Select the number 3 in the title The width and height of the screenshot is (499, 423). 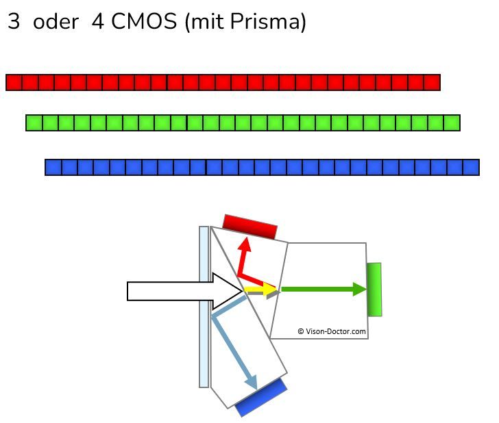click(14, 22)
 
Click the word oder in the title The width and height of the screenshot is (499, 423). click(56, 22)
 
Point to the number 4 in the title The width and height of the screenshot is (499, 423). click(98, 22)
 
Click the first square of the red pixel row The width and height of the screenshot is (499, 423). click(14, 83)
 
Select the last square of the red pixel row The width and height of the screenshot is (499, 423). click(432, 83)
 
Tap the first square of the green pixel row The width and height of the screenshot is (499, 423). click(34, 123)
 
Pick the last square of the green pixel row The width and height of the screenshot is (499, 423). click(452, 123)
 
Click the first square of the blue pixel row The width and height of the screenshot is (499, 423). click(53, 167)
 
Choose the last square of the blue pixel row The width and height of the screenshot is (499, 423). click(471, 167)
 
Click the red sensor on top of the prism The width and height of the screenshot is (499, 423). click(250, 226)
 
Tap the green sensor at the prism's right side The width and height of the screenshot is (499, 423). click(374, 290)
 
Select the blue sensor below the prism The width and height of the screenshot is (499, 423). click(261, 398)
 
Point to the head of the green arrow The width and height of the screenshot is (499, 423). click(361, 290)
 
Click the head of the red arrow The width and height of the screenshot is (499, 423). click(243, 246)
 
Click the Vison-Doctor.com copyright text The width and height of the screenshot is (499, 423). click(332, 331)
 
